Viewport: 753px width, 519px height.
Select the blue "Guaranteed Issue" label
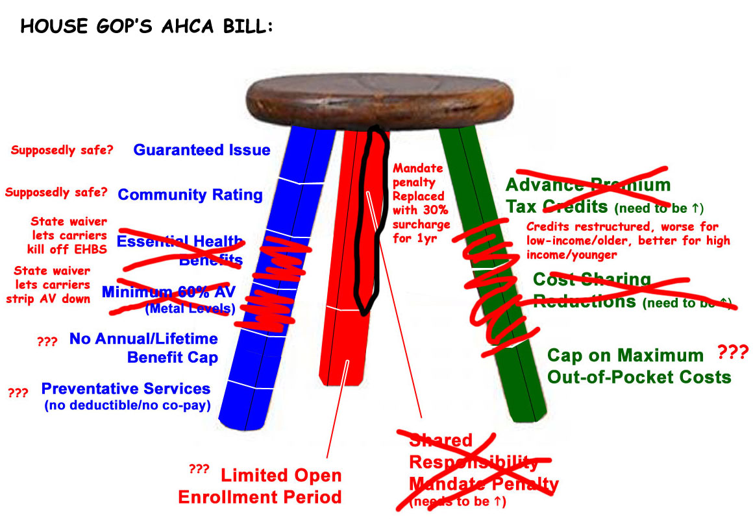(x=201, y=150)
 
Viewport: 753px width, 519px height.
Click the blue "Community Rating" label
(x=190, y=195)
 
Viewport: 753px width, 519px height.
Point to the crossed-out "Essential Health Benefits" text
(x=180, y=250)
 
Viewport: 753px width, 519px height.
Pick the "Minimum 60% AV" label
(x=169, y=293)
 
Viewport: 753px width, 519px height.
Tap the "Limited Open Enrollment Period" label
(x=260, y=487)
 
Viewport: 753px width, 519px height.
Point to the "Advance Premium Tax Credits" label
(x=587, y=195)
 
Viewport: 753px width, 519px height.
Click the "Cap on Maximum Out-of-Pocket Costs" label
(x=639, y=366)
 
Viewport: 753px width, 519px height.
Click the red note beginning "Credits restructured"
(x=627, y=241)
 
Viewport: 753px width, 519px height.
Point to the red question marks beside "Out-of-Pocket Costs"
(x=733, y=353)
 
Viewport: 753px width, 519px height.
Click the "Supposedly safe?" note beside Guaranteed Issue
(x=62, y=151)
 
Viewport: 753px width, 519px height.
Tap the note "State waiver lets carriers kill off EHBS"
(x=68, y=235)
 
